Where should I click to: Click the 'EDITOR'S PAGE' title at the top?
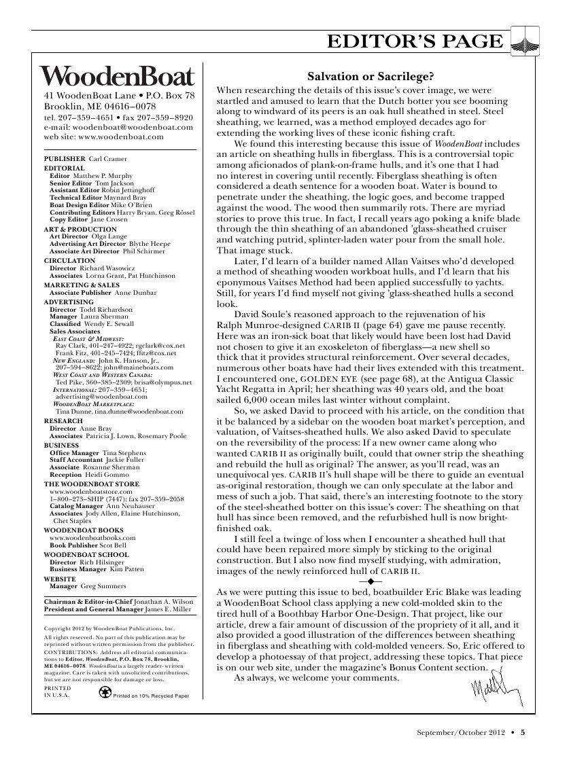(416, 42)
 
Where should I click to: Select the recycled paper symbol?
(105, 693)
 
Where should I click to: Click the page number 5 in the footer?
(523, 732)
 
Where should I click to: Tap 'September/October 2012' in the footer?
(462, 732)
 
